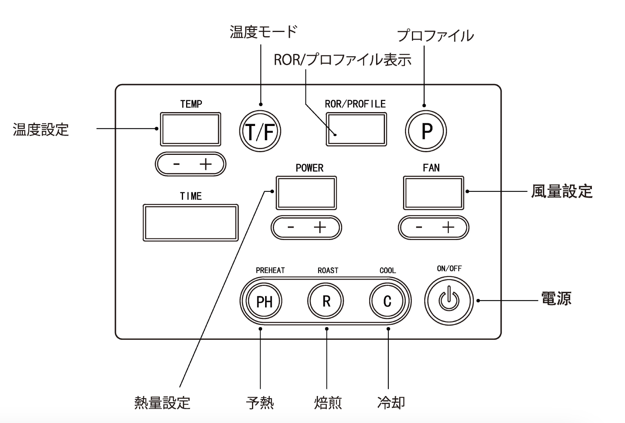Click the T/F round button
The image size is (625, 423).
pyautogui.click(x=260, y=131)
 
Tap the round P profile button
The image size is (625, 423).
pyautogui.click(x=426, y=131)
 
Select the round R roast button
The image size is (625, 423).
pyautogui.click(x=326, y=301)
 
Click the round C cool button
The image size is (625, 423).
pyautogui.click(x=387, y=301)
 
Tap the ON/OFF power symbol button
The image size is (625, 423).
pyautogui.click(x=449, y=300)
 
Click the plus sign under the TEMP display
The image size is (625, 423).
pyautogui.click(x=206, y=164)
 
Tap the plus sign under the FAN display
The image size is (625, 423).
pyautogui.click(x=448, y=227)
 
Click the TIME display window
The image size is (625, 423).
pyautogui.click(x=191, y=223)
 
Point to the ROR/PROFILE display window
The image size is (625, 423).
pyautogui.click(x=356, y=129)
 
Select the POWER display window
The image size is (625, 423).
pyautogui.click(x=306, y=193)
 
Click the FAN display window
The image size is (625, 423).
pyautogui.click(x=433, y=193)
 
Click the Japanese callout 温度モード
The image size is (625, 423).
pyautogui.click(x=264, y=32)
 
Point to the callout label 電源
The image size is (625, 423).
pyautogui.click(x=556, y=299)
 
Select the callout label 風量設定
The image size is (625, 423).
pyautogui.click(x=562, y=191)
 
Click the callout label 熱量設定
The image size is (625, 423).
pyautogui.click(x=162, y=403)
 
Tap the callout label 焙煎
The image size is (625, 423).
pyautogui.click(x=328, y=403)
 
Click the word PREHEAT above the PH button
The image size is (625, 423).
pyautogui.click(x=270, y=270)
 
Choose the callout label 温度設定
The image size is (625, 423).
pyautogui.click(x=41, y=129)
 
